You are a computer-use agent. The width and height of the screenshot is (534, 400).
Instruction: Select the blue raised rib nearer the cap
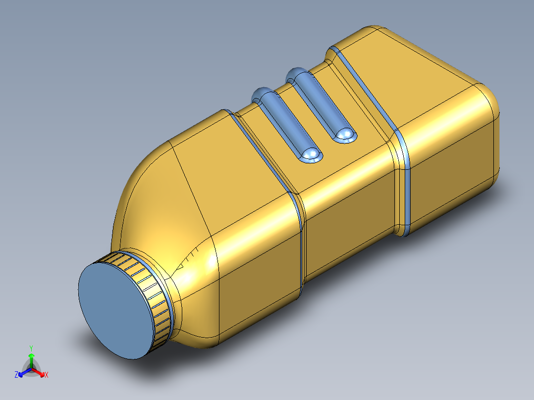[x=287, y=125]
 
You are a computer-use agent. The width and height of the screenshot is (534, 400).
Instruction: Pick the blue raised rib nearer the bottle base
[x=321, y=105]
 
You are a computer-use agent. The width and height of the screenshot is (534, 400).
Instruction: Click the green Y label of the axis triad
[x=31, y=349]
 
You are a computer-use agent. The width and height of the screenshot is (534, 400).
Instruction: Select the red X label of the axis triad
[x=47, y=375]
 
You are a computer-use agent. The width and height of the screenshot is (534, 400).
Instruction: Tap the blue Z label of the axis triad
[x=16, y=375]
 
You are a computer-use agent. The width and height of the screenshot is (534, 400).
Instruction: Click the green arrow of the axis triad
[x=31, y=360]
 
